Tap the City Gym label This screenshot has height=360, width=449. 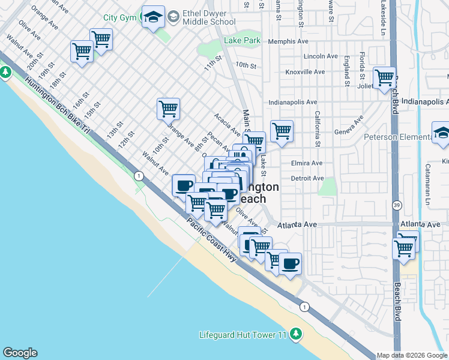click(119, 17)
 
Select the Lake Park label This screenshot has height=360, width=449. click(242, 41)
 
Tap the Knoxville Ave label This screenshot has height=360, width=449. click(305, 72)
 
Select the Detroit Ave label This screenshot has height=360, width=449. click(307, 178)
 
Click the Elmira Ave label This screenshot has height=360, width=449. click(306, 163)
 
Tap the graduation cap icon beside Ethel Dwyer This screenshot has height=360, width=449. click(153, 17)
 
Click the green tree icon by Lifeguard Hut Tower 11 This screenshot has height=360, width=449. click(295, 334)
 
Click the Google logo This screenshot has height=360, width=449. click(20, 353)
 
